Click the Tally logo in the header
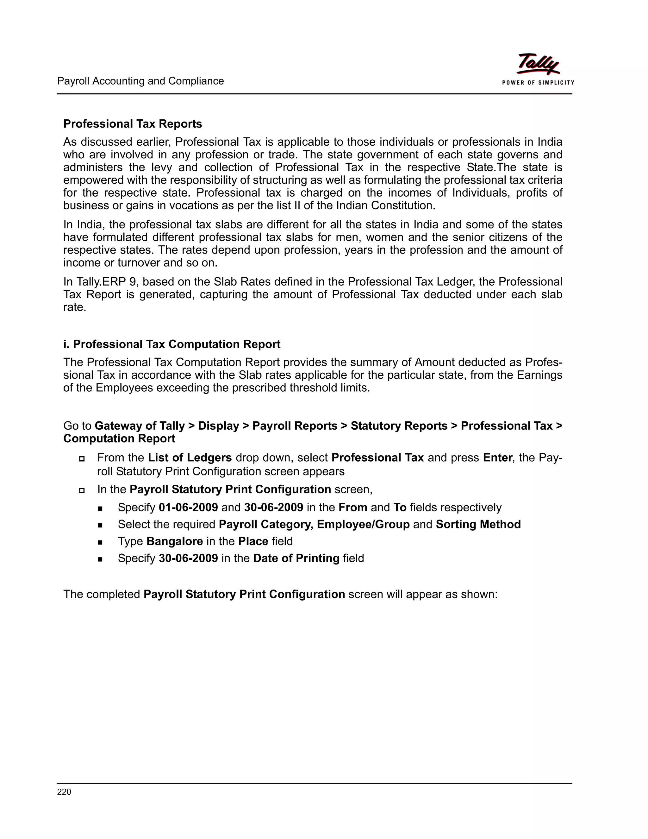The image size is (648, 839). click(x=538, y=64)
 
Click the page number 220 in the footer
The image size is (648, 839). click(x=64, y=792)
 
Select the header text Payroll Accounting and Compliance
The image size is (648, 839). click(x=140, y=81)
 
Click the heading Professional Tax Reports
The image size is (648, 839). click(x=133, y=124)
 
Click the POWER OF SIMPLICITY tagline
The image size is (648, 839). click(x=538, y=83)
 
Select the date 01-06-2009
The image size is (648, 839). click(x=188, y=508)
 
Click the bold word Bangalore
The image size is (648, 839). click(x=175, y=541)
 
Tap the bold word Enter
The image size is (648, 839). click(x=497, y=457)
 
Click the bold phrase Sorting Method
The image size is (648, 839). click(x=478, y=524)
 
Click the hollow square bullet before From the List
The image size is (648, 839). click(x=81, y=459)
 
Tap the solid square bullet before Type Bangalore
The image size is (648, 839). click(x=100, y=542)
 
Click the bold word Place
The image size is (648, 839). click(x=253, y=541)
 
